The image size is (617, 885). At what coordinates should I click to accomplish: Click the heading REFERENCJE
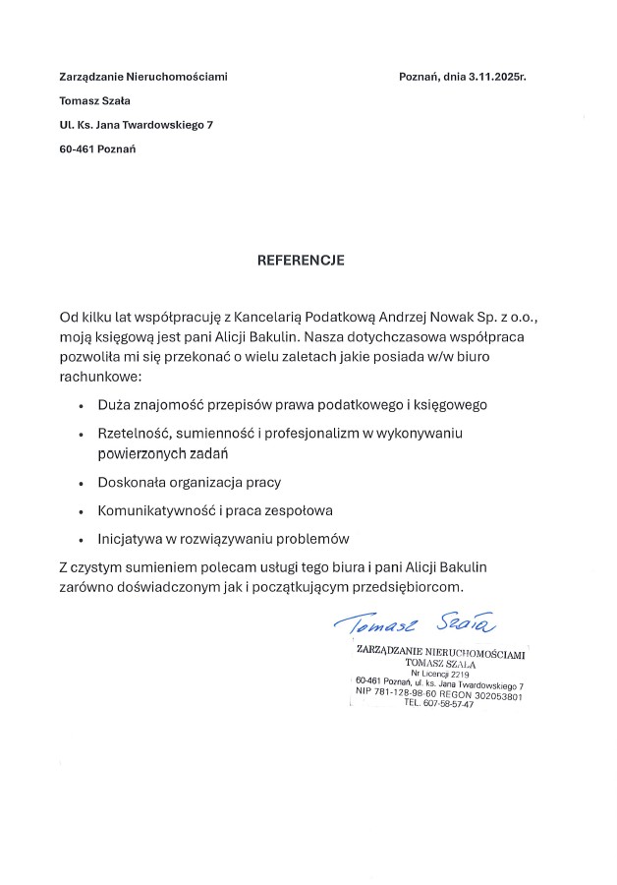pyautogui.click(x=302, y=262)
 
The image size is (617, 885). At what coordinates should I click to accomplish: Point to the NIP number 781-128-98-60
pyautogui.click(x=412, y=694)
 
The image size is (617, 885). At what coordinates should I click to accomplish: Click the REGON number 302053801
pyautogui.click(x=491, y=696)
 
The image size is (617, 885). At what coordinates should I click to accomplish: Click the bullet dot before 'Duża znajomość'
pyautogui.click(x=81, y=405)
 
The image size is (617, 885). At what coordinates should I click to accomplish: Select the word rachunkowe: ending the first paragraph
pyautogui.click(x=101, y=376)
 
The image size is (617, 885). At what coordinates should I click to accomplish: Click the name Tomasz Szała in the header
pyautogui.click(x=95, y=100)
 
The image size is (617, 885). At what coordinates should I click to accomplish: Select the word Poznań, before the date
pyautogui.click(x=419, y=76)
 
